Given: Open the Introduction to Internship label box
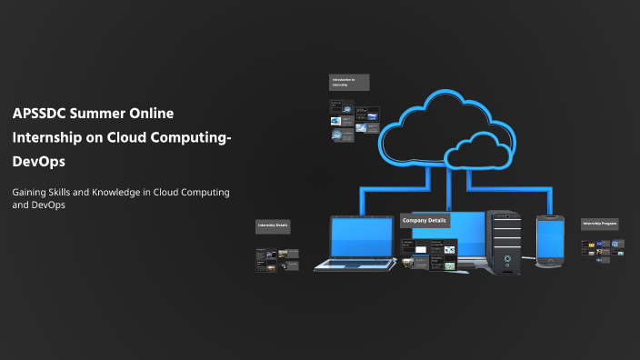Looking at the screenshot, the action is [349, 83].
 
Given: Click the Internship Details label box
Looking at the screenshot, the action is [273, 226].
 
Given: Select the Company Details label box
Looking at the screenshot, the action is [425, 221].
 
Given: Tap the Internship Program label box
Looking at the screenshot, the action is [600, 223].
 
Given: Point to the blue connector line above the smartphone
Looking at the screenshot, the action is [551, 202].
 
